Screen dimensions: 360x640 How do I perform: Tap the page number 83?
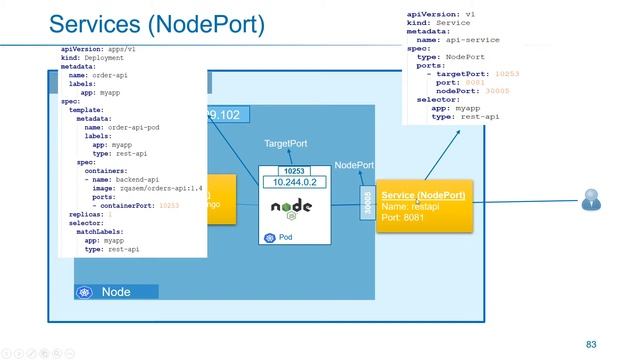click(x=591, y=344)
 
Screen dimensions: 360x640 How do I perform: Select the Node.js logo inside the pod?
click(x=291, y=208)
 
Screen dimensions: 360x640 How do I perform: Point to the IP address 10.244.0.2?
click(x=288, y=182)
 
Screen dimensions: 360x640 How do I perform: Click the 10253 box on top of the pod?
click(x=288, y=171)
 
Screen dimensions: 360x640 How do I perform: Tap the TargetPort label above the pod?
click(x=285, y=144)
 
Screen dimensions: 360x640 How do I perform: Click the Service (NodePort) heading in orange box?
click(x=423, y=195)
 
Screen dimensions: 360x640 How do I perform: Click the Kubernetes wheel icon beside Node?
click(x=86, y=292)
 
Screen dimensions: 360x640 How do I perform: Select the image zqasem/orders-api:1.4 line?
click(x=146, y=187)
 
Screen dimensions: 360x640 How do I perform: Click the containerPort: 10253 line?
click(x=135, y=205)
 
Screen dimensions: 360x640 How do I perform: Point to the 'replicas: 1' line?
click(x=90, y=214)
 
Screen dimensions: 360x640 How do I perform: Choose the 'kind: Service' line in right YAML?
click(x=440, y=23)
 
